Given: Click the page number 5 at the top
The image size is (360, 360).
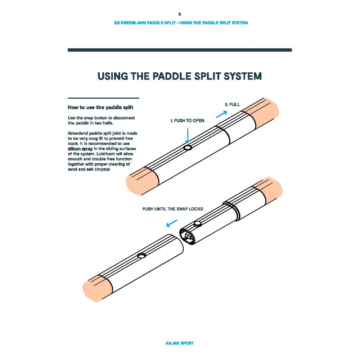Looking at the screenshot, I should [x=180, y=14].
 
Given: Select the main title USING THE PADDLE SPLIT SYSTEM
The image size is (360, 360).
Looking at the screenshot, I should [x=180, y=76].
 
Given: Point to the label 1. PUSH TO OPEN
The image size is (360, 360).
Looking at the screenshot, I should [x=187, y=121].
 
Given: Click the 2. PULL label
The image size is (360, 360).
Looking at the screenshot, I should [x=232, y=104].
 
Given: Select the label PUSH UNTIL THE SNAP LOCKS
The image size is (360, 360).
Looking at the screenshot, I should [x=172, y=209].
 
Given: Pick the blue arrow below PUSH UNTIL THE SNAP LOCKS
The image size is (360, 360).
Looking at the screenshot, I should [x=171, y=224].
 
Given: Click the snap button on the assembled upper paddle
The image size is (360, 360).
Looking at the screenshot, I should [x=187, y=148].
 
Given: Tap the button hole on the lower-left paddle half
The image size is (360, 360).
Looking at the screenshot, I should [x=141, y=256].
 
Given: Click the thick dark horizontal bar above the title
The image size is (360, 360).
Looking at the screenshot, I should [x=180, y=50].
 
